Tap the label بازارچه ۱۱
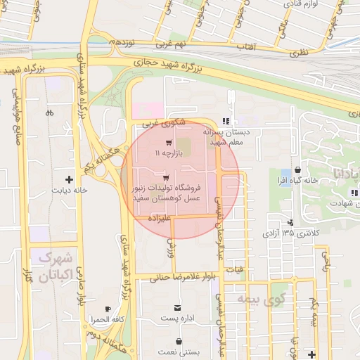coord(168,153)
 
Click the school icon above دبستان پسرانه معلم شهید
coord(225,120)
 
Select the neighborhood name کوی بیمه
coord(254,300)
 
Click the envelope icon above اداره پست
coord(177,309)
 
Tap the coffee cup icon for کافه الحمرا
coord(108,309)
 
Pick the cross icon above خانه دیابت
coord(68,179)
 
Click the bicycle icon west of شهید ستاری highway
coord(49,112)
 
